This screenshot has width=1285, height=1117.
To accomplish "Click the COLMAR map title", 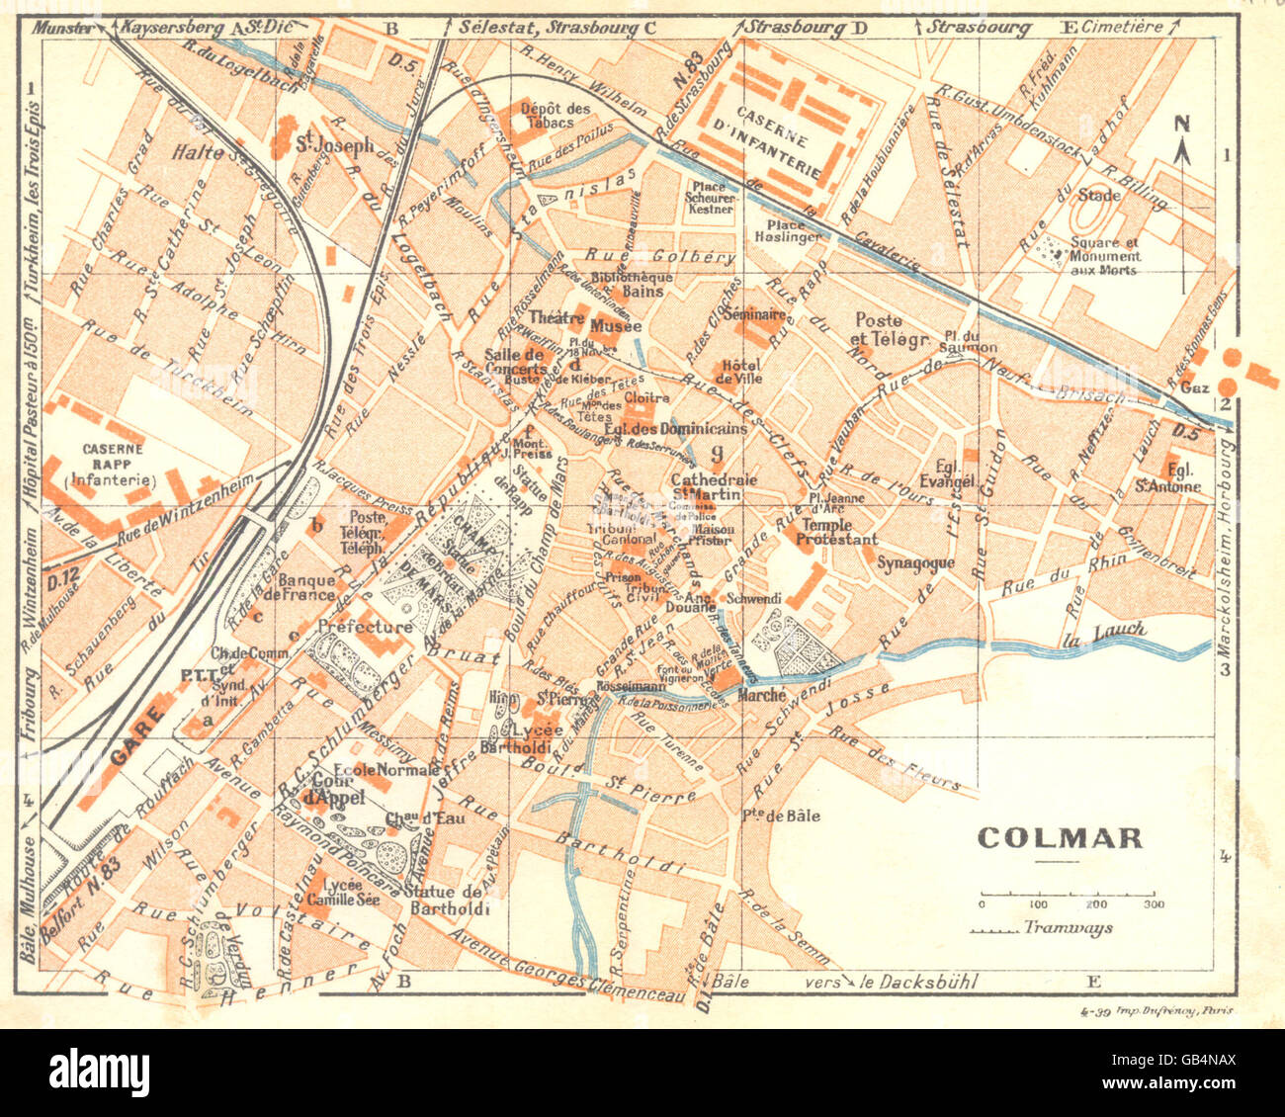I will [1060, 838].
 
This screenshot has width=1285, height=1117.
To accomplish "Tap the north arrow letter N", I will [1181, 124].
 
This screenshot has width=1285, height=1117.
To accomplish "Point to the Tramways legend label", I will [1069, 927].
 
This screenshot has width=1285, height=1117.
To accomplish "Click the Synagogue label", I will [915, 562].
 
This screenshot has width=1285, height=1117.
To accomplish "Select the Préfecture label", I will [365, 627].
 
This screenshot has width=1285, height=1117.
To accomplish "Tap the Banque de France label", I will [308, 587].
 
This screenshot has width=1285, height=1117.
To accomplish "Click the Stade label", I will [1099, 195].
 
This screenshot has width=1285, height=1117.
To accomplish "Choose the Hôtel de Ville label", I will [740, 371].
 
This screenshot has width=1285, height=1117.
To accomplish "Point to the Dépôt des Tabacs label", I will [556, 115].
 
